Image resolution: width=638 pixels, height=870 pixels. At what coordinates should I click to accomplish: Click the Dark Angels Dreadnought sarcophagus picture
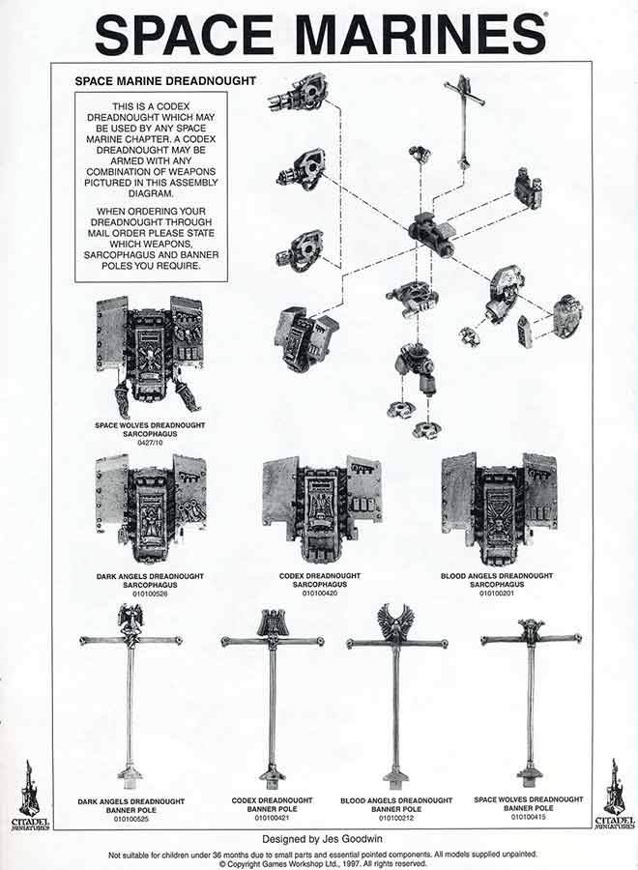[150, 507]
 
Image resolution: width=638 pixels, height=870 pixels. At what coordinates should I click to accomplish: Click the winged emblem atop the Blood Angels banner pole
[395, 622]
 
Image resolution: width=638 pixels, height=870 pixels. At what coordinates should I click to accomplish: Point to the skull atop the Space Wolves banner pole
[531, 629]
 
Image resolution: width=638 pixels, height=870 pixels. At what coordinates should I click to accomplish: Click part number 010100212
[396, 817]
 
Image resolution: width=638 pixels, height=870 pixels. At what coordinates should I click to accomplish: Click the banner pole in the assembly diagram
[464, 121]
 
